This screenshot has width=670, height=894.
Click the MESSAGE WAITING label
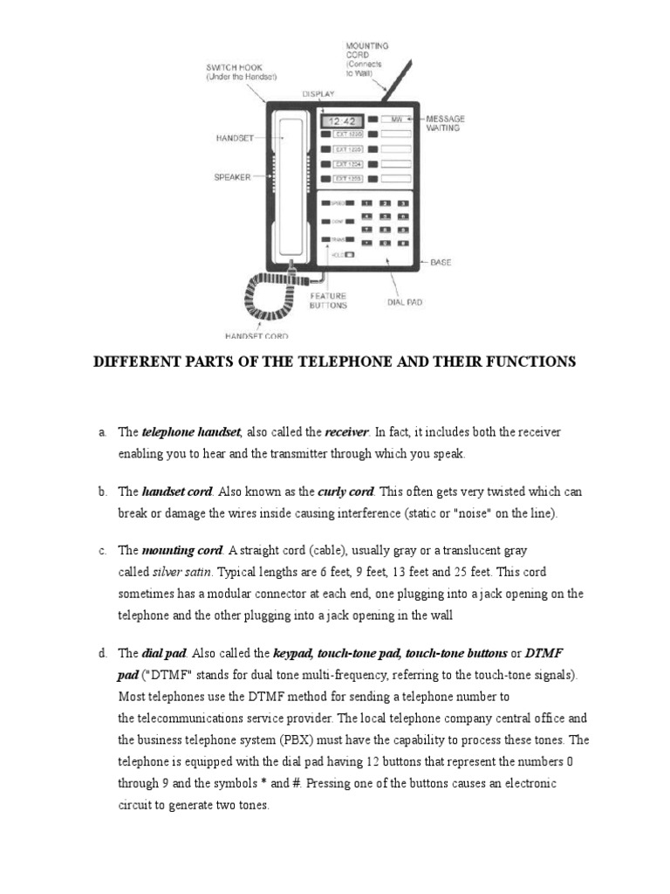(444, 123)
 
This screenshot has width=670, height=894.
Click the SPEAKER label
(232, 176)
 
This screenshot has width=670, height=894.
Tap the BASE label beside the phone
(441, 262)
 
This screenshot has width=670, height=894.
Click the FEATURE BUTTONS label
(328, 300)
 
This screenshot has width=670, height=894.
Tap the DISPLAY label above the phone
(318, 93)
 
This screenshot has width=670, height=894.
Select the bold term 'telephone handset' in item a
(191, 432)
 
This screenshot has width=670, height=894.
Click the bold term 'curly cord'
(349, 492)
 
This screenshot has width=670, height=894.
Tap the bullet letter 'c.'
(102, 551)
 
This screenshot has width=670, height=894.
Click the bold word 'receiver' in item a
(347, 432)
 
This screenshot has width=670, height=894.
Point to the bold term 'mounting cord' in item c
(182, 551)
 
